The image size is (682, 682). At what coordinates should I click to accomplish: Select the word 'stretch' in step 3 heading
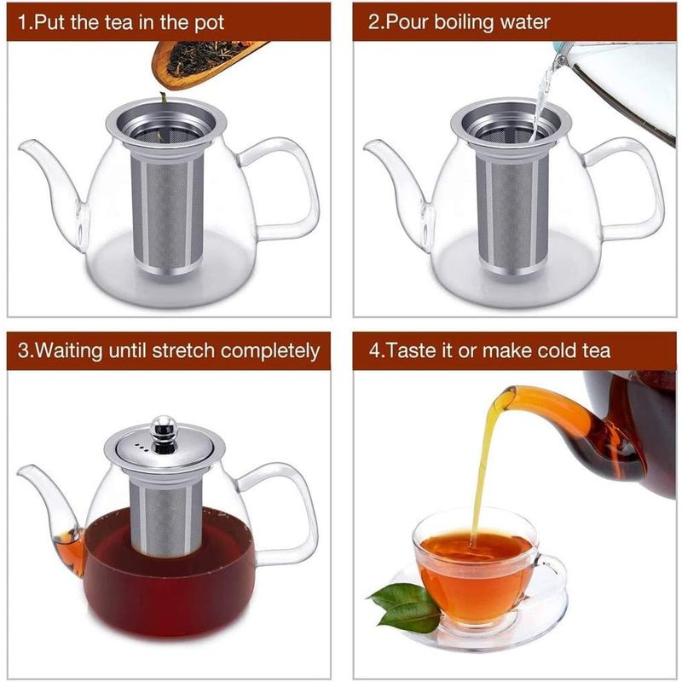(x=193, y=350)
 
